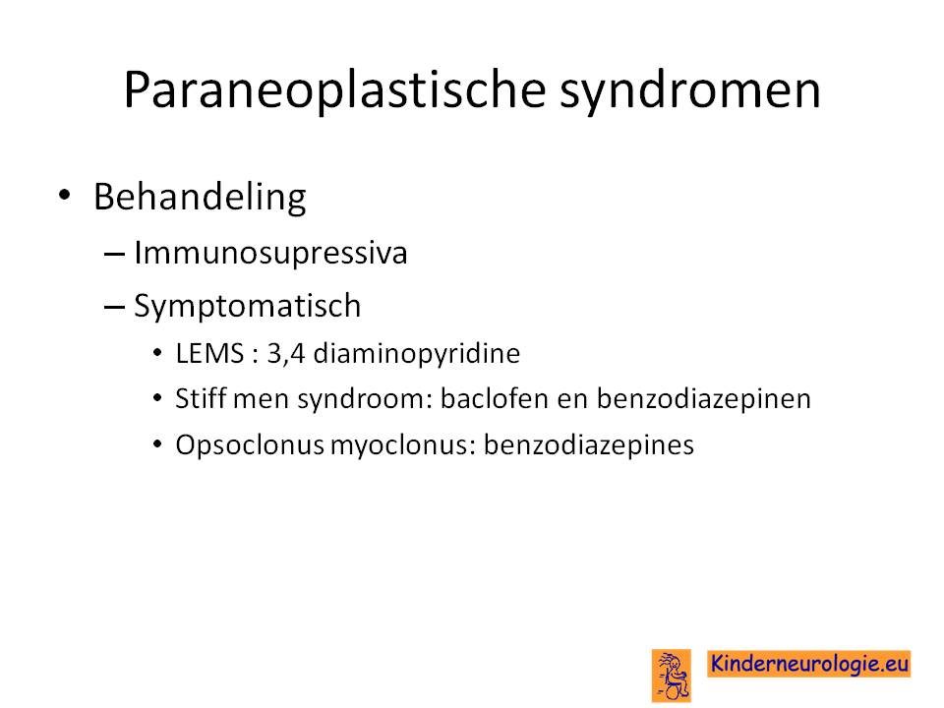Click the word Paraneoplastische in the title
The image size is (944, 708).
coord(334,90)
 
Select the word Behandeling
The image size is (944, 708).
coord(200,198)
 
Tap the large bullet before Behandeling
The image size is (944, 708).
coord(65,195)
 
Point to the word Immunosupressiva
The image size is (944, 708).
coord(270,253)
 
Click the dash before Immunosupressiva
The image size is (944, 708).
coord(114,254)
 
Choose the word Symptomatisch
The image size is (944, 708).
coord(248,306)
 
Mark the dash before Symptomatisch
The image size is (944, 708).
coord(114,307)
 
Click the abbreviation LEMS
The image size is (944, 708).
coord(209,353)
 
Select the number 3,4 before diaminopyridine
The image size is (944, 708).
coord(286,353)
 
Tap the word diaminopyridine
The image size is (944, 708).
coord(417,354)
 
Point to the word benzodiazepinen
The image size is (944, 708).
coord(704,399)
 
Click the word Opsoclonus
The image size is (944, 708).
coord(250,445)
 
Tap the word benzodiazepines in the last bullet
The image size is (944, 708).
coord(589,445)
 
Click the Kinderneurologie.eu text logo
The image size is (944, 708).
coord(808,664)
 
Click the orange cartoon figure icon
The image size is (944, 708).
coord(672,676)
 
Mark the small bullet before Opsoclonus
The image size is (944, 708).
coord(157,444)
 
